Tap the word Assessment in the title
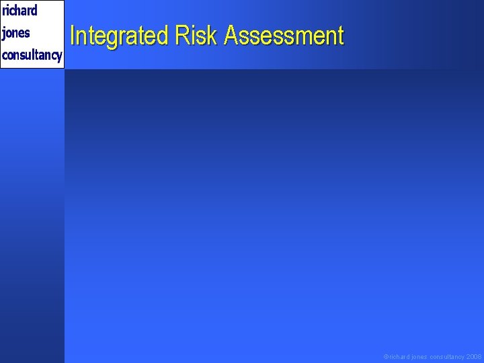pyautogui.click(x=284, y=36)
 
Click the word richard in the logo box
pyautogui.click(x=19, y=11)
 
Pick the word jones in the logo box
pyautogui.click(x=16, y=33)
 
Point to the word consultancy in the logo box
pyautogui.click(x=32, y=55)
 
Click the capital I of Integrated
pyautogui.click(x=73, y=36)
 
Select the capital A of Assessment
pyautogui.click(x=232, y=36)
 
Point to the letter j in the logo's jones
pyautogui.click(x=4, y=34)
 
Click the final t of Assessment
pyautogui.click(x=340, y=36)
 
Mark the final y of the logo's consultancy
pyautogui.click(x=59, y=56)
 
